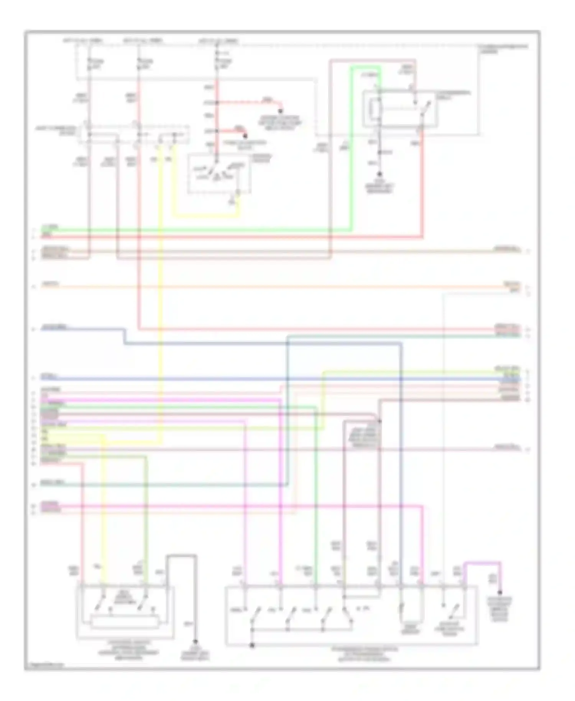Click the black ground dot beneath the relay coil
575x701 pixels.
pyautogui.click(x=379, y=174)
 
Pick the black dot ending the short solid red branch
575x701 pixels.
pyautogui.click(x=245, y=136)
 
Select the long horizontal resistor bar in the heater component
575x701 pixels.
pyautogui.click(x=125, y=622)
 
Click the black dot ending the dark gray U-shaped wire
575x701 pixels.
pyautogui.click(x=195, y=641)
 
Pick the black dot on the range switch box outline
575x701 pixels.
pyautogui.click(x=252, y=646)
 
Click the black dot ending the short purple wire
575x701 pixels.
pyautogui.click(x=500, y=592)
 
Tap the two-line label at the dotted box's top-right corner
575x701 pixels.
pyautogui.click(x=502, y=49)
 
